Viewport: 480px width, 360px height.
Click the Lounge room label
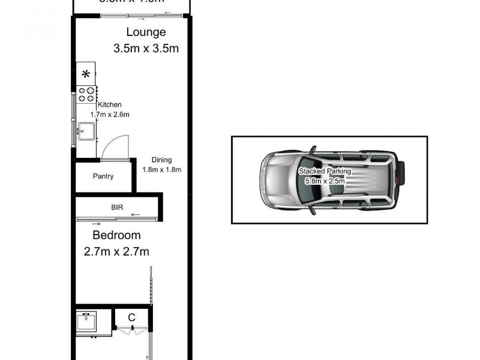pyautogui.click(x=145, y=32)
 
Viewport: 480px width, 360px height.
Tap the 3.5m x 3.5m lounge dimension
pyautogui.click(x=146, y=49)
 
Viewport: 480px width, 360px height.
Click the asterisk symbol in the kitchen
pyautogui.click(x=86, y=74)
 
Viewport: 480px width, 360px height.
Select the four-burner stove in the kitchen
pyautogui.click(x=86, y=94)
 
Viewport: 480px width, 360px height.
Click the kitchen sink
pyautogui.click(x=86, y=130)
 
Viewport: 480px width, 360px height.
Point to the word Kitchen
pyautogui.click(x=110, y=105)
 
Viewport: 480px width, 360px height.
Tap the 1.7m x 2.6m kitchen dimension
pyautogui.click(x=110, y=114)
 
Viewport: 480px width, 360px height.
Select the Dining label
pyautogui.click(x=161, y=160)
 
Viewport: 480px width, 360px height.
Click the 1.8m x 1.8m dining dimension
pyautogui.click(x=161, y=169)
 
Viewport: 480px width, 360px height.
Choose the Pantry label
pyautogui.click(x=103, y=176)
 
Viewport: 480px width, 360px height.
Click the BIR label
pyautogui.click(x=117, y=206)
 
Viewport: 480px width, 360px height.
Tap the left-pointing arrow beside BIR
pyautogui.click(x=135, y=214)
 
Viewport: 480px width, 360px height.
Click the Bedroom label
pyautogui.click(x=116, y=235)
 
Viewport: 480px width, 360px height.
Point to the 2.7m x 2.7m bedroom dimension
pyautogui.click(x=116, y=252)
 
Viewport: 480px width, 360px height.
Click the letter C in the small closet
pyautogui.click(x=131, y=316)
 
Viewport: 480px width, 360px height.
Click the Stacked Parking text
pyautogui.click(x=325, y=171)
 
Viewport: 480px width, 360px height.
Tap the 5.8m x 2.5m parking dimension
pyautogui.click(x=325, y=180)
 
